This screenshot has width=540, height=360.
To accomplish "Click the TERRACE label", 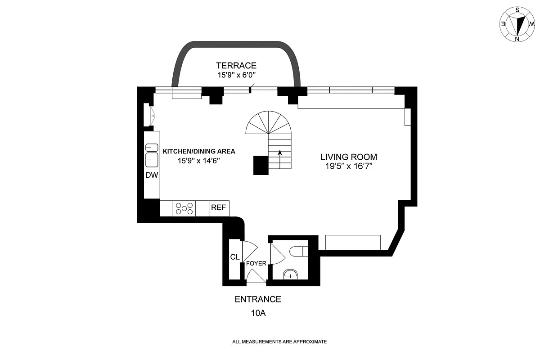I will click(x=236, y=65).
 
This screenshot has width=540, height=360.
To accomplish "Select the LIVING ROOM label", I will click(x=349, y=157).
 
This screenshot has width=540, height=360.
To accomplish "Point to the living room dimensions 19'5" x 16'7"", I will click(x=349, y=166).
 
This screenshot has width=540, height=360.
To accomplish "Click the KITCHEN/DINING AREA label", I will click(x=199, y=151).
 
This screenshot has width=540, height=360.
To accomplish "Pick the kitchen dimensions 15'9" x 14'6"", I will click(x=199, y=160).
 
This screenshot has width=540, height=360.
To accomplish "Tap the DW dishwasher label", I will click(x=152, y=175).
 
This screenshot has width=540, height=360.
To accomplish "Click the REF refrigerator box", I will click(x=219, y=208).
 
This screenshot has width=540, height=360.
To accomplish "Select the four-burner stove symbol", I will click(x=184, y=208).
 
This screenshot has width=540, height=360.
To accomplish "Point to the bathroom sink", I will click(x=290, y=274).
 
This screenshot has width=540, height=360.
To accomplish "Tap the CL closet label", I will click(x=234, y=257).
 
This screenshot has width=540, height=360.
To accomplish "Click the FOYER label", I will click(x=256, y=263).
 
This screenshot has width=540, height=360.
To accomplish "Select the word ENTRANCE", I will click(x=258, y=299).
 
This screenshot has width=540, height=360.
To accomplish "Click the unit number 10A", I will click(x=258, y=313).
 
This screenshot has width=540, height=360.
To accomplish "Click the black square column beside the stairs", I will click(x=261, y=165).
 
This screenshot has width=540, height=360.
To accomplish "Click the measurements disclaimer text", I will click(x=279, y=342).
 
